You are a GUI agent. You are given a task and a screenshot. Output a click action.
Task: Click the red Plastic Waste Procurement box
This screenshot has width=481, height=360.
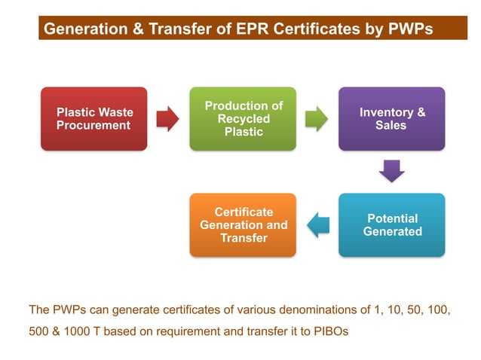pos(94,119)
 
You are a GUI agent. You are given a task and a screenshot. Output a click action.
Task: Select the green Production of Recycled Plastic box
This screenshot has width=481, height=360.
pos(244,119)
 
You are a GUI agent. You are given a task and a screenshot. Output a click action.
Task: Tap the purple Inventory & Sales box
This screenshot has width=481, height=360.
pos(391,119)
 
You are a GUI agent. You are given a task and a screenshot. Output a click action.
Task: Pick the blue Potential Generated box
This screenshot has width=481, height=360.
pos(391,225)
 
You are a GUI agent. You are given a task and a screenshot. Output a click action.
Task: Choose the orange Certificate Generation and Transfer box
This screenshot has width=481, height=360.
pos(244,225)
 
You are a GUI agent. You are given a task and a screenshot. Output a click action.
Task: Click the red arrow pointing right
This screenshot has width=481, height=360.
pos(167,118)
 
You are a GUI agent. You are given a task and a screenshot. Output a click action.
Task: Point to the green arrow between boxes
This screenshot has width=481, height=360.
pos(317,118)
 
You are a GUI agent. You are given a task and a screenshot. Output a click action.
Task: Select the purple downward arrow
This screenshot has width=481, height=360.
pos(391,171)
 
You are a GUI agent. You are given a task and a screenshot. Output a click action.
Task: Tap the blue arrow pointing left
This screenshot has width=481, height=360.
pos(317,224)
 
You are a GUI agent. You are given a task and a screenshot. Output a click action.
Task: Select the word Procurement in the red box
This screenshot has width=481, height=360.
pos(93,126)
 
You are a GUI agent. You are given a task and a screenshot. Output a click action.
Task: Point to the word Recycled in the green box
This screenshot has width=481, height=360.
pos(244,119)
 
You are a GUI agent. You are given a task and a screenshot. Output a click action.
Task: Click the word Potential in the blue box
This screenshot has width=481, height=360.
pos(392,218)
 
